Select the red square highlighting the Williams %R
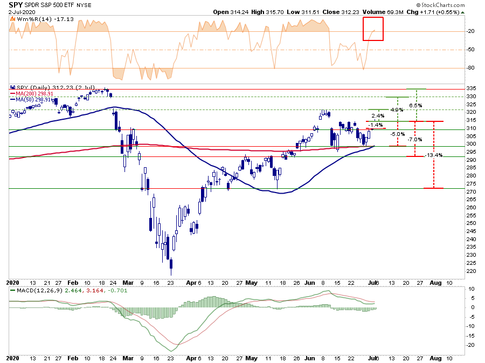pyautogui.click(x=373, y=29)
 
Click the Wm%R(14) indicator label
pyautogui.click(x=27, y=19)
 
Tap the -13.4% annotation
pyautogui.click(x=435, y=155)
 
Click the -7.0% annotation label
pyautogui.click(x=414, y=140)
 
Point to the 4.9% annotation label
pyautogui.click(x=396, y=110)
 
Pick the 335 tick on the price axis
pyautogui.click(x=472, y=88)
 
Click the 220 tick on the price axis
pyautogui.click(x=472, y=271)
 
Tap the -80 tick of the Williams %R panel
pyautogui.click(x=471, y=68)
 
